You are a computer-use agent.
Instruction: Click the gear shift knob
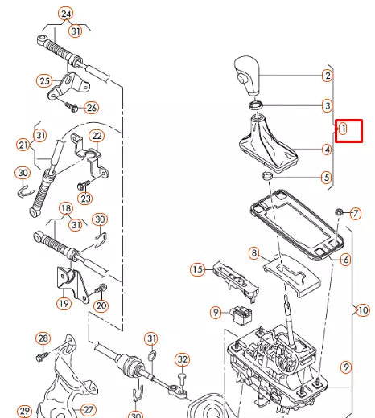tap(247, 76)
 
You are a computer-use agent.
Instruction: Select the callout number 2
tap(328, 76)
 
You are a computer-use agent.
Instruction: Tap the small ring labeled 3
tap(256, 105)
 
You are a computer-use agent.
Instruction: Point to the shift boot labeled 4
tap(268, 143)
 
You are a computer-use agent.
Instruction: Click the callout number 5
tap(327, 178)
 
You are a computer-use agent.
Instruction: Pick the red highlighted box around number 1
tap(348, 131)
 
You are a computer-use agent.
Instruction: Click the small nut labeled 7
tap(339, 212)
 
